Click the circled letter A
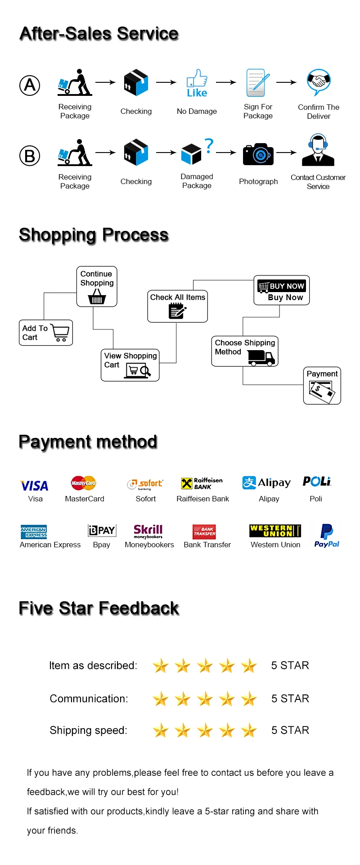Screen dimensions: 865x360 (x=30, y=85)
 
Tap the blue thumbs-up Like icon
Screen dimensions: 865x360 (x=197, y=83)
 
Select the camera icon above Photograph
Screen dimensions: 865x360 (x=258, y=154)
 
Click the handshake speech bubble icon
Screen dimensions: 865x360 (x=319, y=81)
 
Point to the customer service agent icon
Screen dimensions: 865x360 (x=318, y=150)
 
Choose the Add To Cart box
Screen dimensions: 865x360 (x=45, y=333)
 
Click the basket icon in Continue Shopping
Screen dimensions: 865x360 (x=97, y=297)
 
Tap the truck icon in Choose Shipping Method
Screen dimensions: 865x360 (x=261, y=357)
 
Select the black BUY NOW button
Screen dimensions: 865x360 (x=282, y=286)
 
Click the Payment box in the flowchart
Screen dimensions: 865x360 (x=322, y=386)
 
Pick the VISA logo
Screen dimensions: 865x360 (x=35, y=486)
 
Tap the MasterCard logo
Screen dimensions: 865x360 (x=84, y=483)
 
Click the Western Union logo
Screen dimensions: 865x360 (x=275, y=531)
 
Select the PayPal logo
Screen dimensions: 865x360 (x=327, y=535)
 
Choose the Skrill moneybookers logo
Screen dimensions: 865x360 (x=148, y=531)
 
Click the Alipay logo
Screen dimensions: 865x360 (x=266, y=482)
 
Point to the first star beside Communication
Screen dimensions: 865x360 (x=160, y=699)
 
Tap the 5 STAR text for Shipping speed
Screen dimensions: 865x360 (x=290, y=730)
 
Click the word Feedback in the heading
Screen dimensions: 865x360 (x=139, y=608)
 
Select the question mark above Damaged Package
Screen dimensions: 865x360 (x=209, y=145)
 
